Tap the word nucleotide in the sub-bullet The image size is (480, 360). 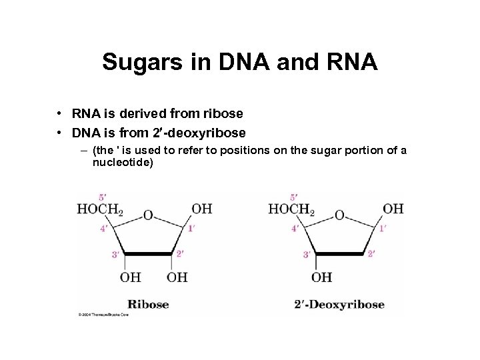pyautogui.click(x=123, y=162)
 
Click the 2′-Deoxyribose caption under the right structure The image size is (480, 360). pyautogui.click(x=339, y=305)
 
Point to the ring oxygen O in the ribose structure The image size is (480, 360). pyautogui.click(x=148, y=215)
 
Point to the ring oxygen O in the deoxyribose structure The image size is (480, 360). pyautogui.click(x=339, y=215)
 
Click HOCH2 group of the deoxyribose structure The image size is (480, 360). pyautogui.click(x=291, y=209)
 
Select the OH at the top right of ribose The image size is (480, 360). pyautogui.click(x=202, y=209)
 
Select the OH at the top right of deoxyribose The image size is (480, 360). pyautogui.click(x=393, y=209)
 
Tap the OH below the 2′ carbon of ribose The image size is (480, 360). pyautogui.click(x=177, y=277)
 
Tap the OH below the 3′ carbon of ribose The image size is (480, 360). pyautogui.click(x=131, y=277)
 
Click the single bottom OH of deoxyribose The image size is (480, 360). pyautogui.click(x=321, y=277)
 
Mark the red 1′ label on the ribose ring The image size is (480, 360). pyautogui.click(x=191, y=229)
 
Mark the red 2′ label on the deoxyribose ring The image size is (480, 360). pyautogui.click(x=371, y=253)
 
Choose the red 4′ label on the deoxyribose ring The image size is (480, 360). pyautogui.click(x=294, y=229)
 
